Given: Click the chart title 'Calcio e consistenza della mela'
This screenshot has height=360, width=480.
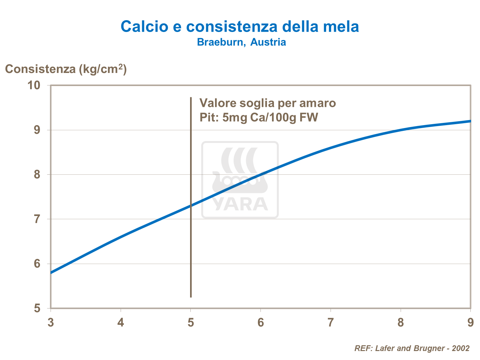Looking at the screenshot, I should pyautogui.click(x=240, y=26).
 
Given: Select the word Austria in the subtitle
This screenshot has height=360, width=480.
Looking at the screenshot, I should pyautogui.click(x=268, y=42).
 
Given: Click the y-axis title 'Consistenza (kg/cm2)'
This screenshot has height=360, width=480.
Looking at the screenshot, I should pyautogui.click(x=66, y=69).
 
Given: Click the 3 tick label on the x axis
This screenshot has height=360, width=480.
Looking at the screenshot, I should pyautogui.click(x=51, y=323).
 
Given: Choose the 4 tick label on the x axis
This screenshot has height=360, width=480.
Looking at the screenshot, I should pyautogui.click(x=120, y=323).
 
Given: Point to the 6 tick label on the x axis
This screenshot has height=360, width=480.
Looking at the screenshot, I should pyautogui.click(x=260, y=323).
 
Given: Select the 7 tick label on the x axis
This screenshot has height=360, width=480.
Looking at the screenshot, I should pyautogui.click(x=330, y=323).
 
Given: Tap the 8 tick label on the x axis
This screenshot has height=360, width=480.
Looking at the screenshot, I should pyautogui.click(x=400, y=323).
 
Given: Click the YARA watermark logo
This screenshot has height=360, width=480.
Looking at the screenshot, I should pyautogui.click(x=240, y=180).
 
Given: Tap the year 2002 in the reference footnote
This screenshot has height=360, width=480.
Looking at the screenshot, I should pyautogui.click(x=461, y=348).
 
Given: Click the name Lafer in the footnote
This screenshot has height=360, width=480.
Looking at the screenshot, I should pyautogui.click(x=384, y=348).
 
